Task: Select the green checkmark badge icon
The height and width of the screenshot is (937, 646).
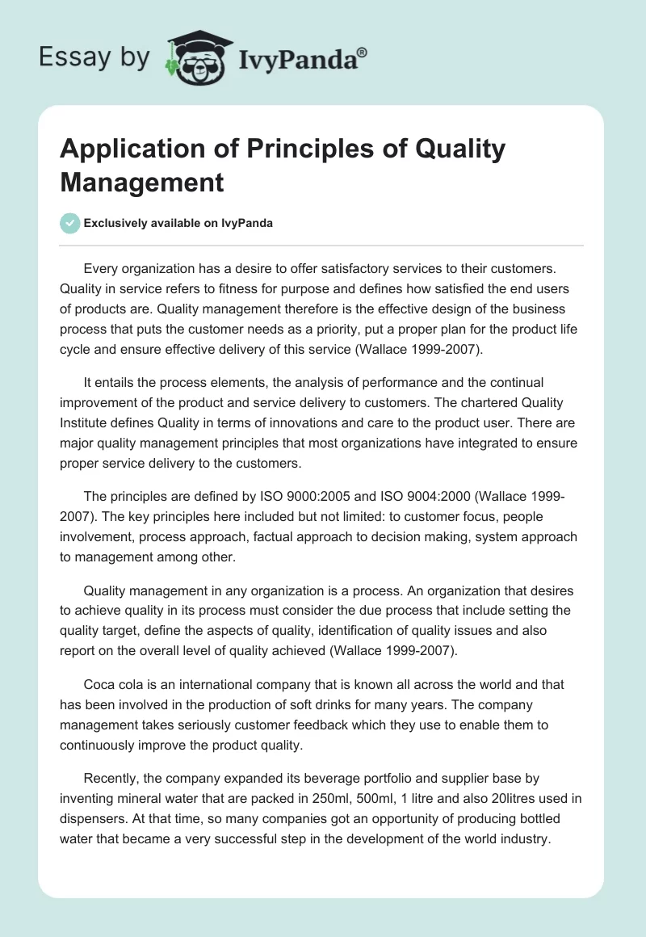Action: [70, 223]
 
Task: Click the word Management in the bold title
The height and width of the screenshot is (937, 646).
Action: [141, 182]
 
